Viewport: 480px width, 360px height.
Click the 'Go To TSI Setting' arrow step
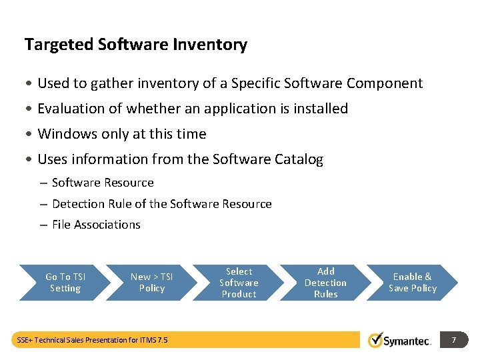pyautogui.click(x=65, y=283)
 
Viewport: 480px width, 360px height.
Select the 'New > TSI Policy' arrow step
pyautogui.click(x=151, y=283)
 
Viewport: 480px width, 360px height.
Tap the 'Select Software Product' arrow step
pyautogui.click(x=239, y=283)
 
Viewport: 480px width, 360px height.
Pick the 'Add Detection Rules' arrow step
pyautogui.click(x=325, y=283)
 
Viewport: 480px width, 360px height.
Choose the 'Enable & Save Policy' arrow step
pyautogui.click(x=413, y=283)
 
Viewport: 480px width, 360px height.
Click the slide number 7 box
pyautogui.click(x=453, y=340)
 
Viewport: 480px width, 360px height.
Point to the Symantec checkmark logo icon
pyautogui.click(x=376, y=340)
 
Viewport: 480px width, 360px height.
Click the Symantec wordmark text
pyautogui.click(x=408, y=341)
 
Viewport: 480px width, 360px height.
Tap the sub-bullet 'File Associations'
pyautogui.click(x=96, y=225)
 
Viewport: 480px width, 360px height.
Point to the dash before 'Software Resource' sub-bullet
pyautogui.click(x=43, y=183)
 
